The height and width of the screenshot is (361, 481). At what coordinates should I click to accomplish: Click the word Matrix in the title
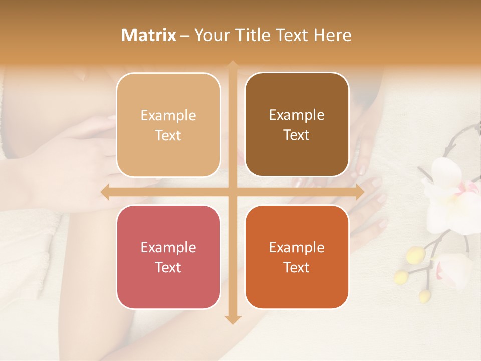149,35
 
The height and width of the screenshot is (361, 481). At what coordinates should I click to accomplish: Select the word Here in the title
332,35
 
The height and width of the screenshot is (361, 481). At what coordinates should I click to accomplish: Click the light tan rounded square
168,125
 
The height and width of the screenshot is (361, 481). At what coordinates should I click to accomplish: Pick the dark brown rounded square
297,125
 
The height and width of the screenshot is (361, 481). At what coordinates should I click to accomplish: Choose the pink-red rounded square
168,257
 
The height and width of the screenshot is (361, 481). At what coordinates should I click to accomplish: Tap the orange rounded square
297,257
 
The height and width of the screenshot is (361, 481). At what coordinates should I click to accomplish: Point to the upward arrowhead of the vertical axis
232,65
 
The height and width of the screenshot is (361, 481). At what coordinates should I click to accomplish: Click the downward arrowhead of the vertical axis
232,319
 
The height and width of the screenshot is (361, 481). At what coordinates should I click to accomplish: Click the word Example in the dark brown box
297,115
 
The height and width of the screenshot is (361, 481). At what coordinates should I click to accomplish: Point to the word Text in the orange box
297,267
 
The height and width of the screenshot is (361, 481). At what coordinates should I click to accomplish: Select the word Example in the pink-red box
168,247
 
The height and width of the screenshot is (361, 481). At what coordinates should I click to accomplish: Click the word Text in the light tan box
168,135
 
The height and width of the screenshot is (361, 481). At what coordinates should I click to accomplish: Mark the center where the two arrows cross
232,192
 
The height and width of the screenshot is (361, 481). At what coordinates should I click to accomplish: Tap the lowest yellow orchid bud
424,295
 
